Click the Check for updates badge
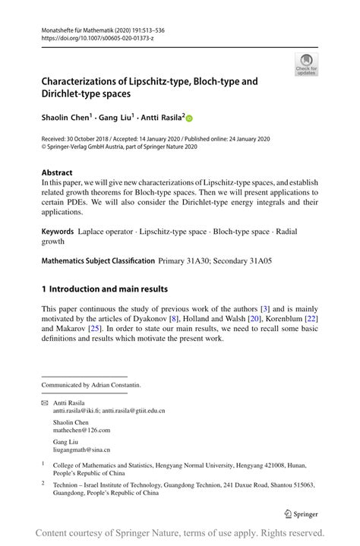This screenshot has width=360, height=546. [306, 64]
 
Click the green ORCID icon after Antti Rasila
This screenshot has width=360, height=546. [189, 118]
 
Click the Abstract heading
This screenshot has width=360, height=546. [58, 172]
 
